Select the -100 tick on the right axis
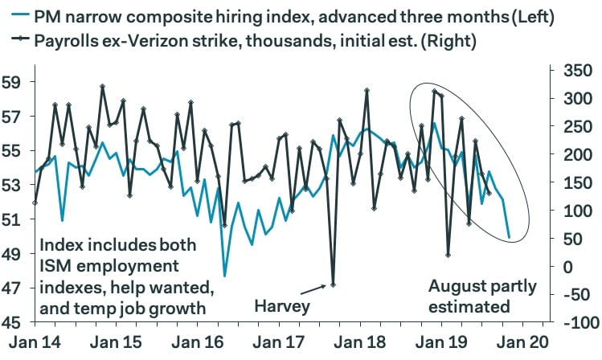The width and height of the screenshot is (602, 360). coord(573,323)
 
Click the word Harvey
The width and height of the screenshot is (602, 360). coord(281,306)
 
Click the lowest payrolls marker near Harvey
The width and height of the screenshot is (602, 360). coord(332,284)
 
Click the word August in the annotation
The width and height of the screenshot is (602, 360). coord(457,286)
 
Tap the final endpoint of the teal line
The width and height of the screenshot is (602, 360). coord(509,238)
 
